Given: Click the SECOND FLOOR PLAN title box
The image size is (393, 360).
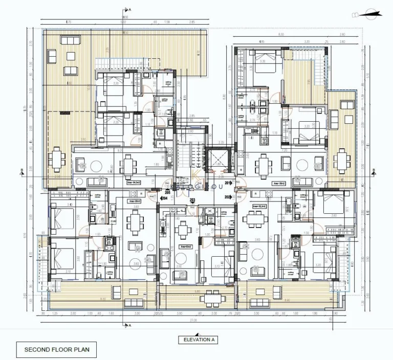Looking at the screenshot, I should coord(56,350).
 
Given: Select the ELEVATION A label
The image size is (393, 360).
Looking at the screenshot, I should coord(196,340).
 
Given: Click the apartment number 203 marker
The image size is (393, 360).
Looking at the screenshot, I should coord(193,200).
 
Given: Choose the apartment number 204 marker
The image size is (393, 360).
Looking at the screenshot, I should coord(165,197).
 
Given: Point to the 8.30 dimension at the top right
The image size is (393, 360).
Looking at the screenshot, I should coord(281,34).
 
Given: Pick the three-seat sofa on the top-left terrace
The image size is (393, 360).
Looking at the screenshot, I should coord(70,70).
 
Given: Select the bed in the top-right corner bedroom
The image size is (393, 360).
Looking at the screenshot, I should coord(264,60).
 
